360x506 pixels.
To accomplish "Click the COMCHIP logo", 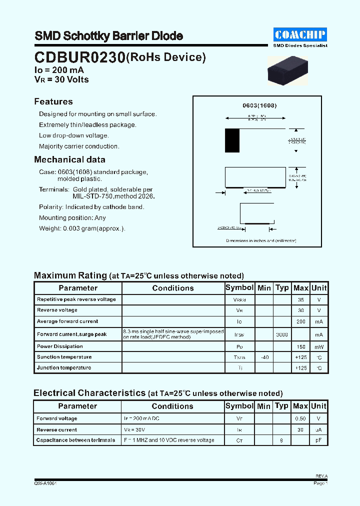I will point(300,34).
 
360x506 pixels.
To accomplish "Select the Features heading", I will point(53,101).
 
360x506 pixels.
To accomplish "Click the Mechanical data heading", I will point(69,159).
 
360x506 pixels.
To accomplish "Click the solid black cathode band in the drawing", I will point(232,140).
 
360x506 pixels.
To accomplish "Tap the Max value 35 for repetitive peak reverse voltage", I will point(300,299).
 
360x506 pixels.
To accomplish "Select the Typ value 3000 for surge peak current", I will point(282,334).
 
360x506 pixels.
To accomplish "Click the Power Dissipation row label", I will point(60,346).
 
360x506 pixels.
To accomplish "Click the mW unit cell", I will point(319,346).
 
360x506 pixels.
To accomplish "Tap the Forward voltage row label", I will point(57,418).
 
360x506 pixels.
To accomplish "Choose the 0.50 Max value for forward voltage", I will point(300,418).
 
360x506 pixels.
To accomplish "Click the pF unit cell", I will point(319,440).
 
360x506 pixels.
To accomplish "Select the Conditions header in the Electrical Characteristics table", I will point(172,406).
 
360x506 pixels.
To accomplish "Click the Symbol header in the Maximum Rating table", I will point(239,288).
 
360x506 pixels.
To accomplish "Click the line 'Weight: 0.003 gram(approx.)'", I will point(82,228).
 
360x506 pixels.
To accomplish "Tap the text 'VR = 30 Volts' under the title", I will point(61,79).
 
